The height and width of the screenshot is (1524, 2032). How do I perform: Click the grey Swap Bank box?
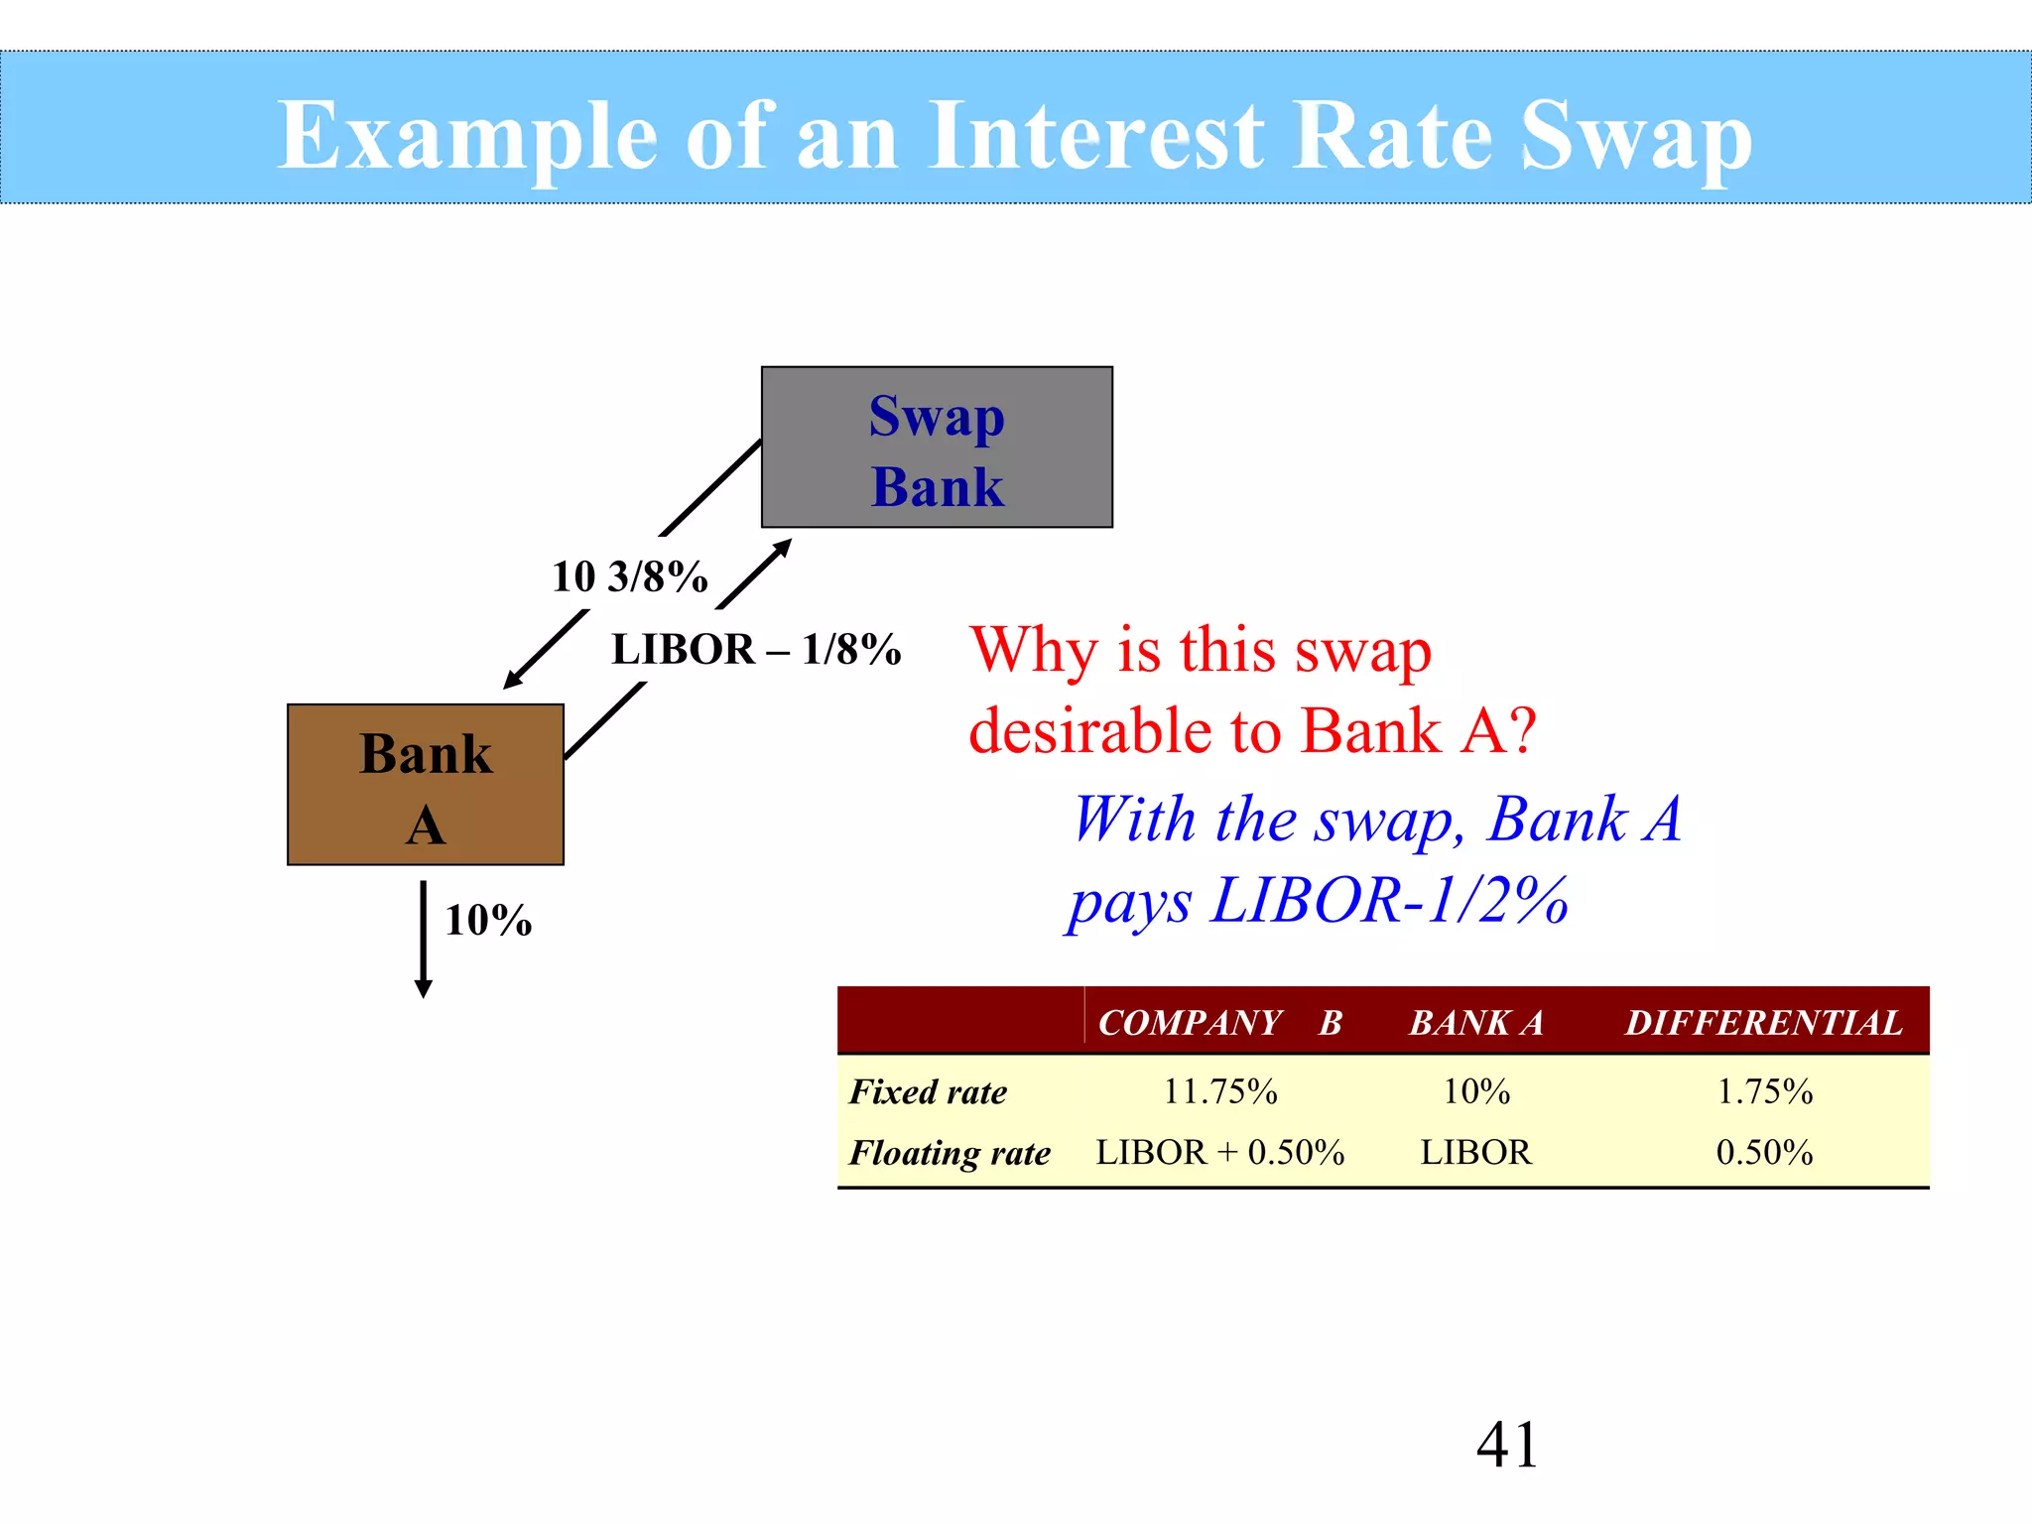point(937,447)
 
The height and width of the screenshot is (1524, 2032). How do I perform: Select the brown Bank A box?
point(426,785)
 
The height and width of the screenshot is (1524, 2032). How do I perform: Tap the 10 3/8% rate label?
point(630,576)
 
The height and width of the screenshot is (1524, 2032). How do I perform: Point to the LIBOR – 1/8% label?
point(756,650)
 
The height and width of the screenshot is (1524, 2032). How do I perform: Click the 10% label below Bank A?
point(488,921)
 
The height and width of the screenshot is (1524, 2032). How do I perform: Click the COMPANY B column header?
point(1219,1022)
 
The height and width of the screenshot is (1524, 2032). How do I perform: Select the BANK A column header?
point(1476,1022)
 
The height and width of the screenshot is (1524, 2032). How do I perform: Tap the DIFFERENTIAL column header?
point(1763,1022)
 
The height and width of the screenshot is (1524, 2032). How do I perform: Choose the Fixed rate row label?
point(928,1091)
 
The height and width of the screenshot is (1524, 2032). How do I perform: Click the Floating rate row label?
point(950,1153)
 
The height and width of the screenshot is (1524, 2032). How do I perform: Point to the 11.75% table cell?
point(1219,1091)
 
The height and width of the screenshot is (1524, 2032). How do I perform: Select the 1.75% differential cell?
point(1764,1091)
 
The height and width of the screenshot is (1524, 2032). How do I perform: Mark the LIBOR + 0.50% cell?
point(1219,1153)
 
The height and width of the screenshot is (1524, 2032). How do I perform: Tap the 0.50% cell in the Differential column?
point(1764,1153)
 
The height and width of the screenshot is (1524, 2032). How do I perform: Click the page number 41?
point(1506,1445)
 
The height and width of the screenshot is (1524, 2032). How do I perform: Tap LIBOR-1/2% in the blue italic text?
point(1389,901)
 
